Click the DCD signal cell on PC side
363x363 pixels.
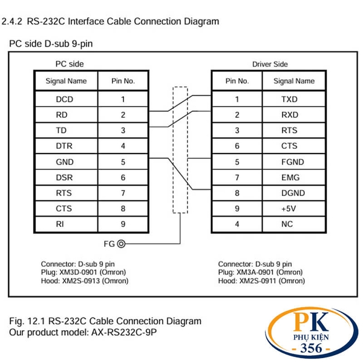click(64, 99)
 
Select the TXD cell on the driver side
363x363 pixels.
click(290, 99)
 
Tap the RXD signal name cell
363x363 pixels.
click(290, 114)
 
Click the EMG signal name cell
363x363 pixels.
click(290, 178)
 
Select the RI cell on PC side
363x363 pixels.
click(60, 224)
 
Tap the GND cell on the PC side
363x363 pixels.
click(64, 162)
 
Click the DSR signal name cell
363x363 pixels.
click(64, 178)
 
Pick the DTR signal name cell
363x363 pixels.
click(64, 146)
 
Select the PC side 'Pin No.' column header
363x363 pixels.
click(123, 80)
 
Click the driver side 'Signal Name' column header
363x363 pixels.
click(294, 80)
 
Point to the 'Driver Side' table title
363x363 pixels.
click(270, 64)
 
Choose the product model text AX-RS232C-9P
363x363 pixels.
click(129, 333)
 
